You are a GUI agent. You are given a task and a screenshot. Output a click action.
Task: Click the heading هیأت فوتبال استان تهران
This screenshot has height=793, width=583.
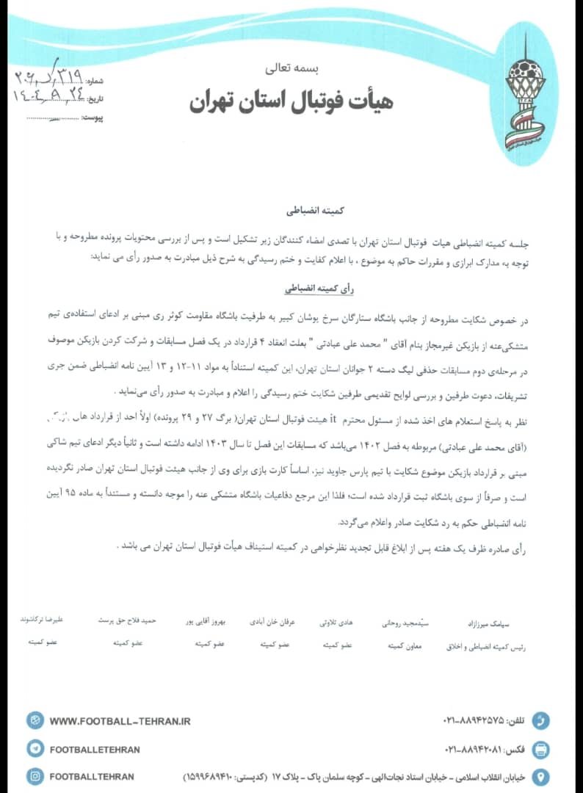(291, 100)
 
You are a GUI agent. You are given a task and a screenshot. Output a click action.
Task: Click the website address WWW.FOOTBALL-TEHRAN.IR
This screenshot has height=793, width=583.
(120, 721)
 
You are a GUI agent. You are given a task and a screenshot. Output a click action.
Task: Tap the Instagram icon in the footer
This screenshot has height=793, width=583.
(35, 776)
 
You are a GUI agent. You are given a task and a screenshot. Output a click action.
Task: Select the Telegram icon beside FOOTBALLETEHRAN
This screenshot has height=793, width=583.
(35, 749)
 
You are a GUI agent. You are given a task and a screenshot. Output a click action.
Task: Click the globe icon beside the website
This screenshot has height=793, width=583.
(35, 721)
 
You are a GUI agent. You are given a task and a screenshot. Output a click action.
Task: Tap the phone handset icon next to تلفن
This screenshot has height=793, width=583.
(540, 720)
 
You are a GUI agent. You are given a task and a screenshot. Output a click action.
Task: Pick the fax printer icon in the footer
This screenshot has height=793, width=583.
(540, 749)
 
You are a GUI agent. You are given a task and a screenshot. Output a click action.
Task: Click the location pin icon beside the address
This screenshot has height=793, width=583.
(540, 776)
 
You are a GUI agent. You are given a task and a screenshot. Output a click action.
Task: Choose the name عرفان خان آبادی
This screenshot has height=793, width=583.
(272, 621)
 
